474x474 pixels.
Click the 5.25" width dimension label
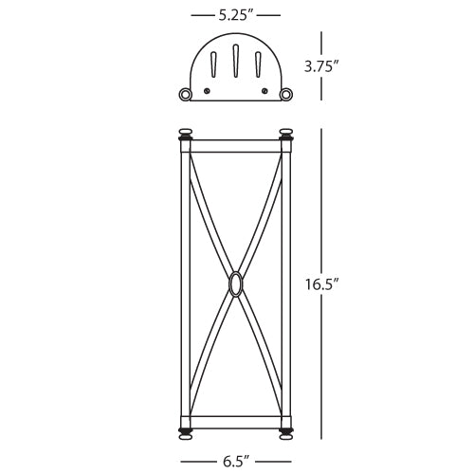[x=236, y=14]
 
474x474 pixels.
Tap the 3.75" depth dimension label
[x=322, y=66]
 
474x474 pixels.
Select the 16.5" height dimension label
[x=322, y=283]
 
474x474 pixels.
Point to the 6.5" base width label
[x=236, y=462]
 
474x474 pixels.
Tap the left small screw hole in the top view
[x=208, y=90]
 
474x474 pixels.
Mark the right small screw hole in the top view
[x=264, y=90]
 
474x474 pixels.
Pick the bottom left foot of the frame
[x=185, y=434]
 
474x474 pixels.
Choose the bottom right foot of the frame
[x=286, y=434]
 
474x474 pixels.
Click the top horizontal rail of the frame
[x=235, y=146]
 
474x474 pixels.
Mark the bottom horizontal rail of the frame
[x=235, y=421]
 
